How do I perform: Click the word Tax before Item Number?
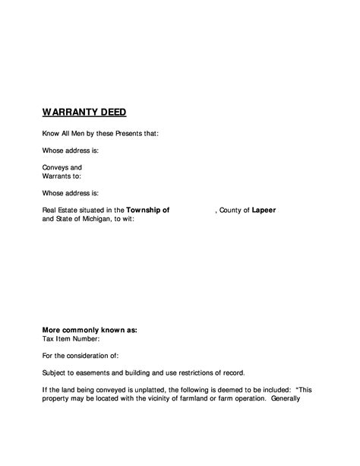click(48, 339)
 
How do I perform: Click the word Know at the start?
click(50, 133)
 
